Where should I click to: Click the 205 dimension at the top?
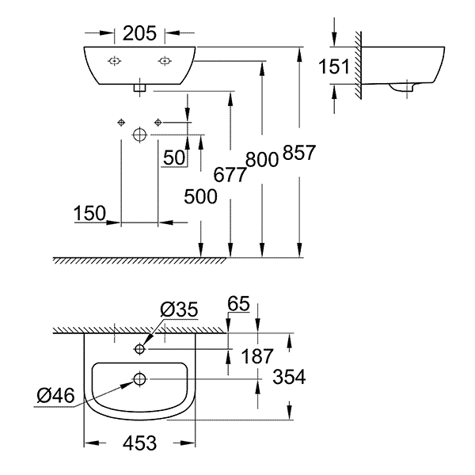tap(139, 33)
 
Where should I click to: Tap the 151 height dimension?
tap(334, 66)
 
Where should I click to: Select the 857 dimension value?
tap(299, 152)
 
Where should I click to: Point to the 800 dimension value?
tap(262, 160)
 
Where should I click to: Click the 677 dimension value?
tap(230, 175)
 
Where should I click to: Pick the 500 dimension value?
tap(200, 196)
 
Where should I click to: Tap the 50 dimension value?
tap(174, 158)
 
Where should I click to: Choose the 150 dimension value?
tap(89, 213)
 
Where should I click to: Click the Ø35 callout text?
tap(180, 310)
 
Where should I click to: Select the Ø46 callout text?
tap(55, 396)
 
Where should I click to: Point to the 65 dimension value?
tap(239, 303)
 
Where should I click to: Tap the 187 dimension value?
tap(257, 356)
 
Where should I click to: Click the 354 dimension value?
tap(289, 377)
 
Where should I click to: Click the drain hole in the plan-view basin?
tap(139, 379)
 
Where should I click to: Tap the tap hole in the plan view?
tap(139, 349)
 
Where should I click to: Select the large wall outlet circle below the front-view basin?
tap(139, 135)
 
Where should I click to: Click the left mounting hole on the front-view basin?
tap(115, 61)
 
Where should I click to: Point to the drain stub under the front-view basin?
tap(139, 88)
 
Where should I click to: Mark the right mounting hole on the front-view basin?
tap(165, 61)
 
